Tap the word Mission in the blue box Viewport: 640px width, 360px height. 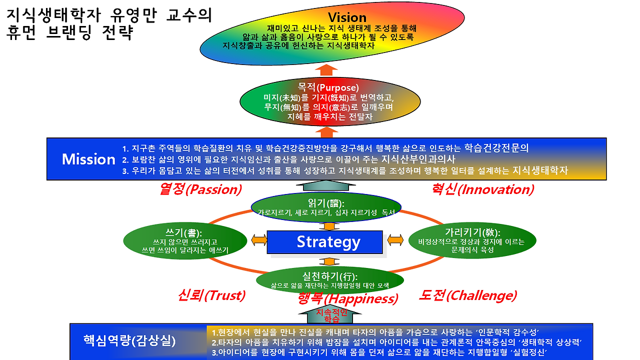(88, 159)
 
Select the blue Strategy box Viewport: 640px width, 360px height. (325, 242)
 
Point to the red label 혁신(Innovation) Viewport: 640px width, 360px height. (482, 189)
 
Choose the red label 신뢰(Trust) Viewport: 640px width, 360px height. (211, 295)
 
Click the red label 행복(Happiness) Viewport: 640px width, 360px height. (347, 299)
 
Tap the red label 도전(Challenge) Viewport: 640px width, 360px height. (467, 295)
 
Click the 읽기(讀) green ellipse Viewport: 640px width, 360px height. (325, 207)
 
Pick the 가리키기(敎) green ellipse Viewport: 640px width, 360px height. (472, 240)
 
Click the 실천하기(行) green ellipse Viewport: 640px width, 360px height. (329, 280)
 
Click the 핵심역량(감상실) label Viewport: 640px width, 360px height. (129, 341)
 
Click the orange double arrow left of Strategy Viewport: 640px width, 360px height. (259, 240)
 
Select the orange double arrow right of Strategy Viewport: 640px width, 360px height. (395, 240)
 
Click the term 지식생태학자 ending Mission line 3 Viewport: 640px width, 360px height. (540, 170)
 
